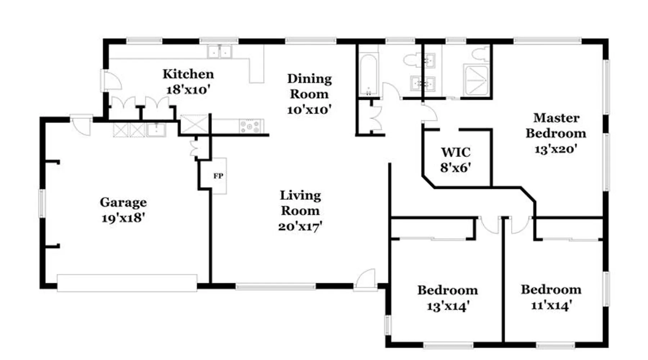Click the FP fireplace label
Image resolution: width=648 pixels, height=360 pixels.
[218, 176]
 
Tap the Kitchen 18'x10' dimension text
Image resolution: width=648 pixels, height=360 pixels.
[188, 90]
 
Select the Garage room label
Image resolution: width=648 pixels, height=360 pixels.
[123, 202]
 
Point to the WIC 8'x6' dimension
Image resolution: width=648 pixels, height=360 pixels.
[455, 167]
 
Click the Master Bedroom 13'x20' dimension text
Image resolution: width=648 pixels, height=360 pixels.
[556, 149]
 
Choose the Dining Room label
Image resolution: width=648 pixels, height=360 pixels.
[309, 86]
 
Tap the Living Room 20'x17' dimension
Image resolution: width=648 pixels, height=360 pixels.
[300, 226]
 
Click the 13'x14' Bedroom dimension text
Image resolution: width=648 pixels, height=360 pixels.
[448, 306]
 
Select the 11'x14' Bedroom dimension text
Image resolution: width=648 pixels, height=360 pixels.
[551, 305]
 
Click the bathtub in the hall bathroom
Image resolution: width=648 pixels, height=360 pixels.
[368, 75]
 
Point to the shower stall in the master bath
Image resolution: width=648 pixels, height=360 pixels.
[476, 80]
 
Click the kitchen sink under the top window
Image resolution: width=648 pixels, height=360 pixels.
[219, 52]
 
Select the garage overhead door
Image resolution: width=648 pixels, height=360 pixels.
[127, 283]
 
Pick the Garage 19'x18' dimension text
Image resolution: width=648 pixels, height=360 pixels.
[123, 218]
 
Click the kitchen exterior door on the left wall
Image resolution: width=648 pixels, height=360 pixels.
[112, 80]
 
